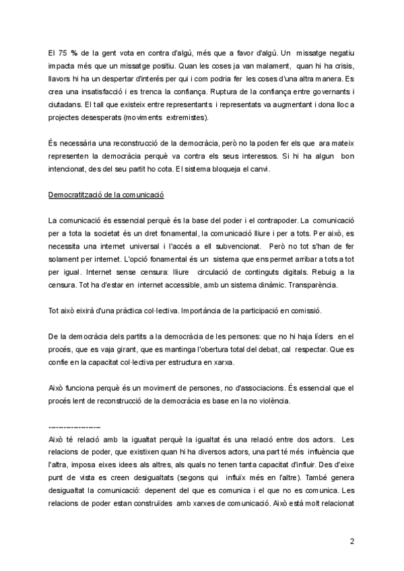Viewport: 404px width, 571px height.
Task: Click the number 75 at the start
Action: pyautogui.click(x=63, y=53)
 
